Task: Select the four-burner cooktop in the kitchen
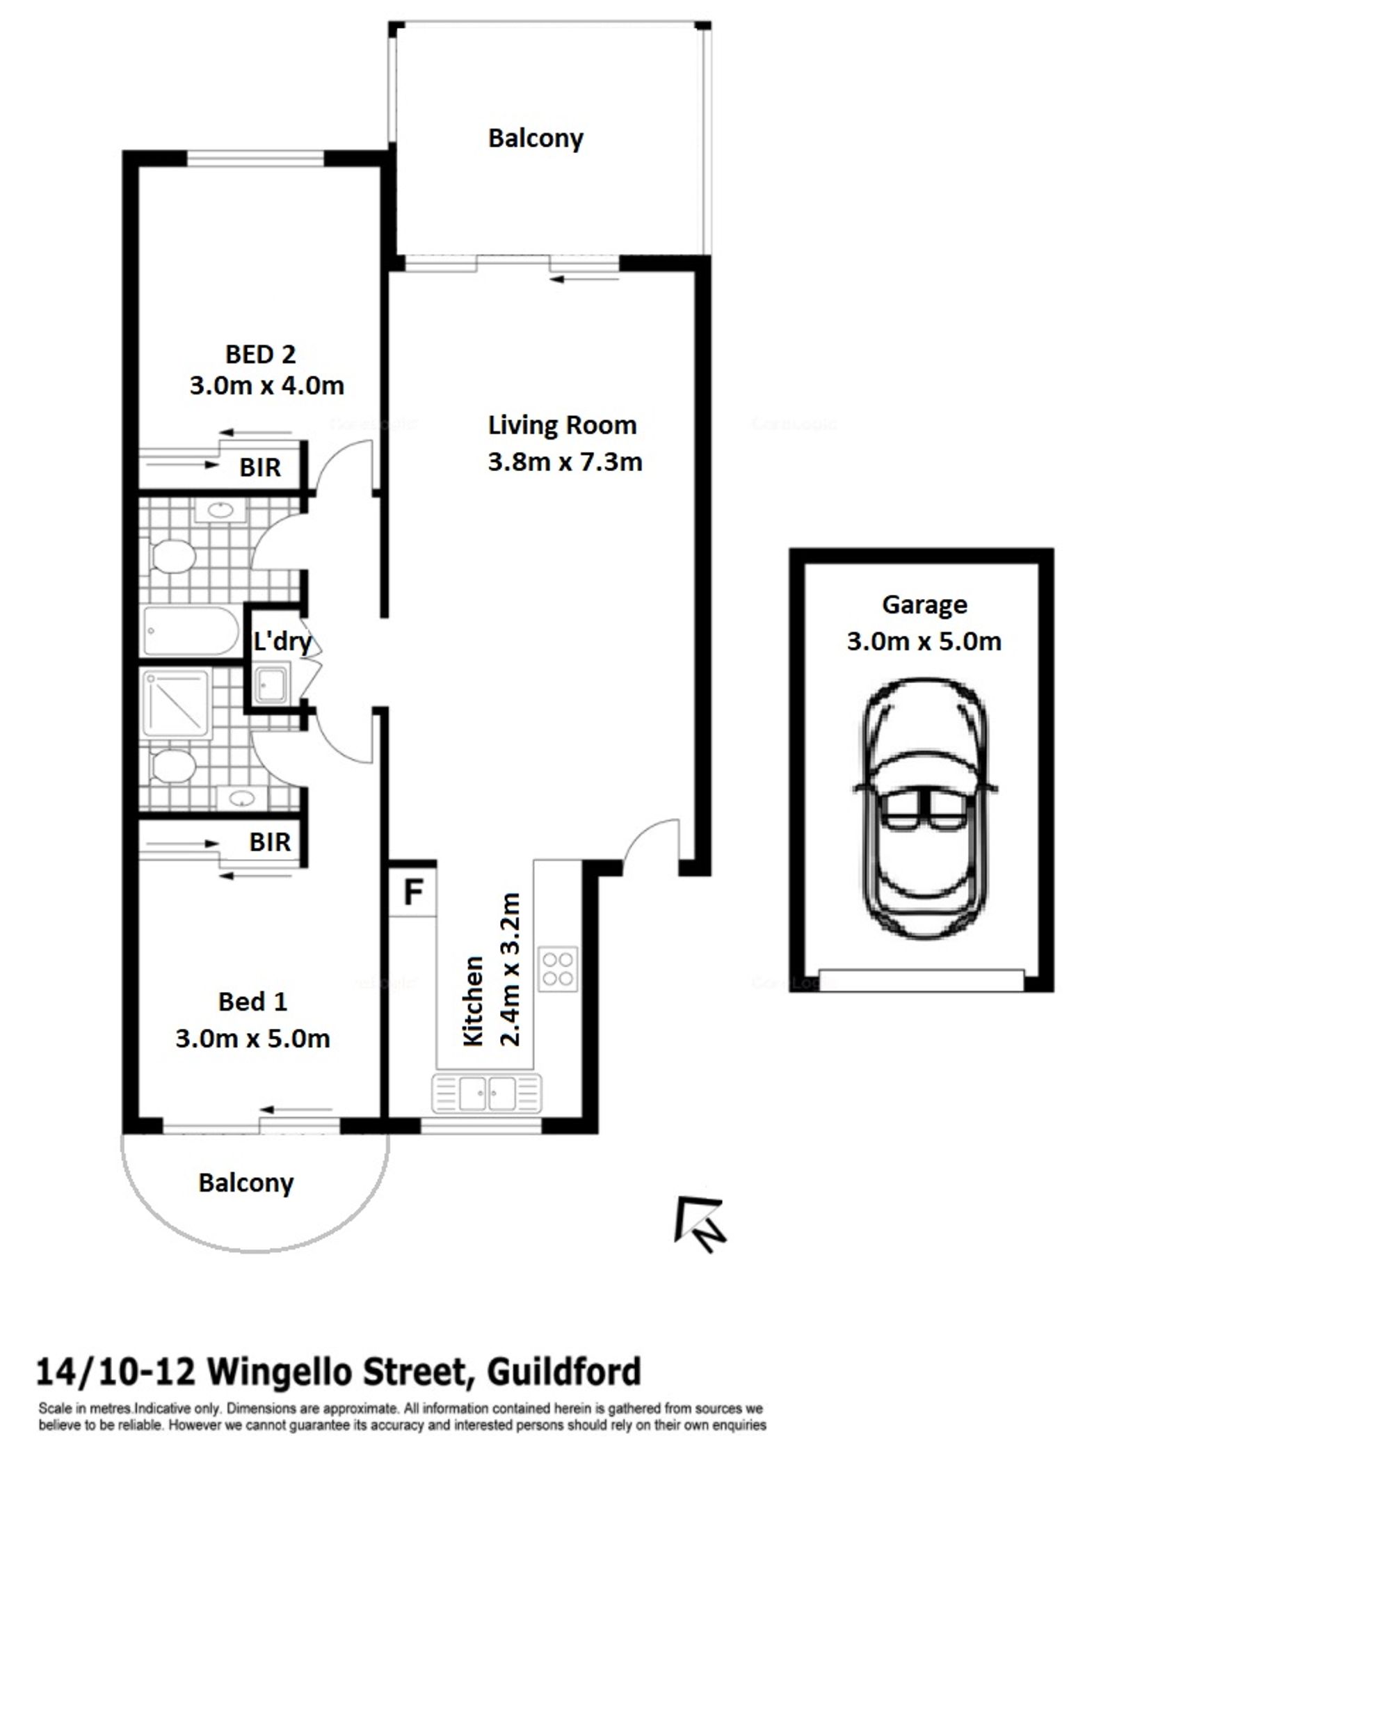(x=558, y=970)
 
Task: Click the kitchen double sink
(x=487, y=1093)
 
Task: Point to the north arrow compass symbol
(x=700, y=1224)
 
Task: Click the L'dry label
(x=282, y=641)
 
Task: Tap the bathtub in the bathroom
(x=191, y=631)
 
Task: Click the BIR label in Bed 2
(x=259, y=467)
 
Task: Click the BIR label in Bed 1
(x=269, y=842)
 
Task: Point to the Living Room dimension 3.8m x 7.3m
(x=565, y=463)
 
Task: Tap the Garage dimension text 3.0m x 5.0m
(x=924, y=641)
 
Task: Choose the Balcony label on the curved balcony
(x=246, y=1183)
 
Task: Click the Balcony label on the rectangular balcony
(x=536, y=138)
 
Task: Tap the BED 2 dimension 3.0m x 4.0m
(x=267, y=385)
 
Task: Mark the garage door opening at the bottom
(x=922, y=980)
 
